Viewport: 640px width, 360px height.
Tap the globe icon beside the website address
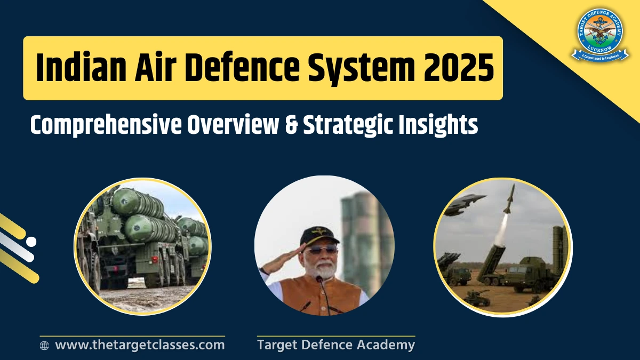[x=45, y=346]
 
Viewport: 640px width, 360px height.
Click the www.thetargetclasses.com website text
[x=140, y=345]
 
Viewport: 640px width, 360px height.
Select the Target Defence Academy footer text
[x=335, y=345]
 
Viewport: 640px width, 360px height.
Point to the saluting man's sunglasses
[x=321, y=249]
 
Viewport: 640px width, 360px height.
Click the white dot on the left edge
[x=31, y=242]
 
